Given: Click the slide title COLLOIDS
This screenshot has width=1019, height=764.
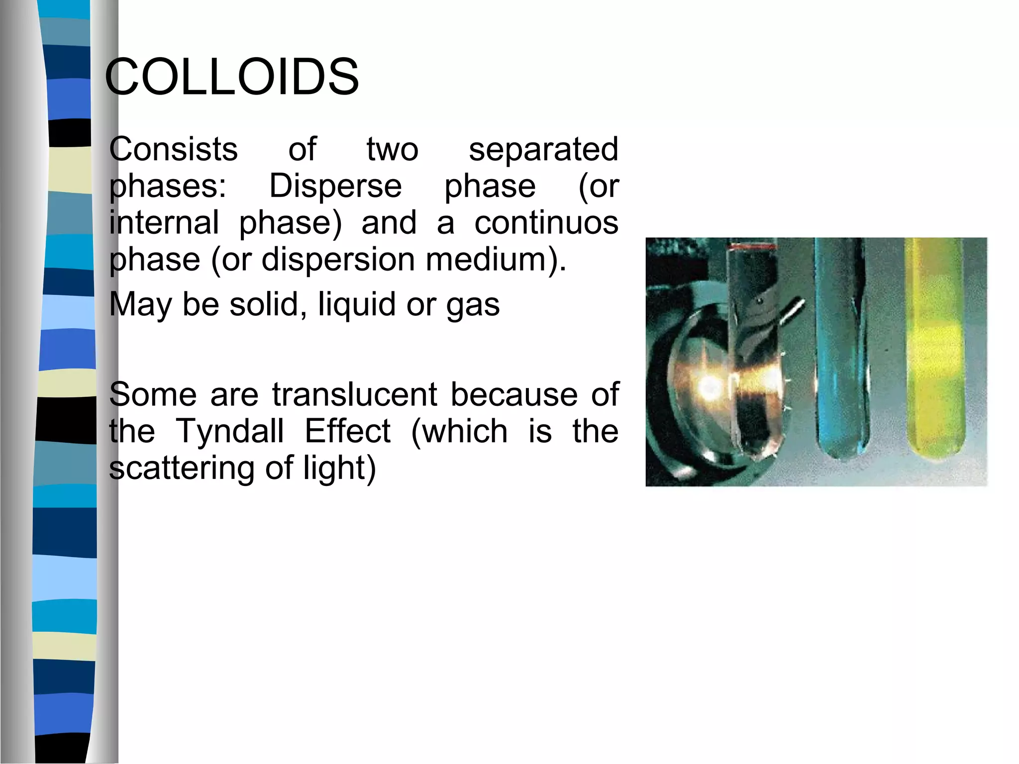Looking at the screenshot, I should tap(232, 77).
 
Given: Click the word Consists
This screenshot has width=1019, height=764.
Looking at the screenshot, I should tap(173, 149).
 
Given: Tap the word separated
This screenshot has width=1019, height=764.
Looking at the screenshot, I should tap(543, 149).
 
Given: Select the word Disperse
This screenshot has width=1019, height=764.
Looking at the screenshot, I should tap(335, 186).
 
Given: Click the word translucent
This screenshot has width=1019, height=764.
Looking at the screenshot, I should tap(355, 394).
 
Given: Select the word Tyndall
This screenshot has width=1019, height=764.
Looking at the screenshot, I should tap(230, 431).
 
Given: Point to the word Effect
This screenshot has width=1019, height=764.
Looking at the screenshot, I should tap(347, 431).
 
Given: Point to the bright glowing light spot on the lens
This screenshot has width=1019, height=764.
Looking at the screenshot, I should tap(707, 385).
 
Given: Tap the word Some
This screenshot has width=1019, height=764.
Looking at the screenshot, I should tap(153, 394).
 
